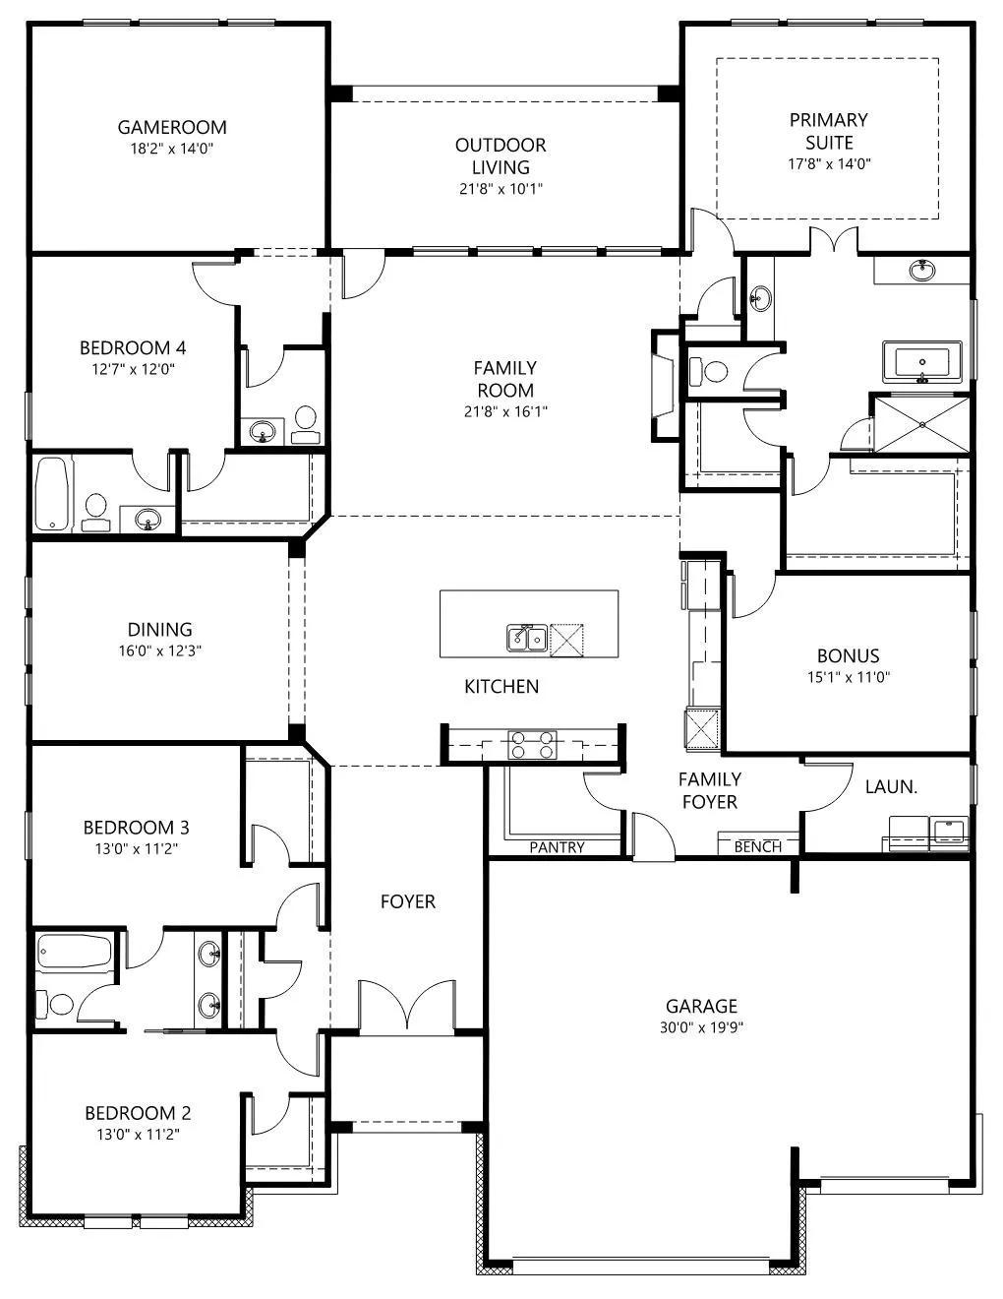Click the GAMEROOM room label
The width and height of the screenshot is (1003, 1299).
click(172, 127)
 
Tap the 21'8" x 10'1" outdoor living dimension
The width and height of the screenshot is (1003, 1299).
click(501, 190)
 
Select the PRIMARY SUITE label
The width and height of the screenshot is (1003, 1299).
click(829, 132)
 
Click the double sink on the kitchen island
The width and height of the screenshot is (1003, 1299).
click(526, 639)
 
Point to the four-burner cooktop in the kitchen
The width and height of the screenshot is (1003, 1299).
click(532, 745)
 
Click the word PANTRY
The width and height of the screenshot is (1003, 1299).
click(557, 847)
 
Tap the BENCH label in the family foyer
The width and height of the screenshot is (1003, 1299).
click(758, 846)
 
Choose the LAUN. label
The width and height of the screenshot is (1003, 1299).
click(891, 787)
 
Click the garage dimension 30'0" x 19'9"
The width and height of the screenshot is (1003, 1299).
click(701, 1027)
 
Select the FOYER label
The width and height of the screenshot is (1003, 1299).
click(408, 901)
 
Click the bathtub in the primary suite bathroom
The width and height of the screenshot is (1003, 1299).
click(922, 362)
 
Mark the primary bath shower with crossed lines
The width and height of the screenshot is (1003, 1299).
click(921, 424)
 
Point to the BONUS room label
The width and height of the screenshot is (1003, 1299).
click(849, 655)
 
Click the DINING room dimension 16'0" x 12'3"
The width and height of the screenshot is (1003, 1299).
click(160, 650)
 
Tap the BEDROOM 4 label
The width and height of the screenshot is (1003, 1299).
click(133, 348)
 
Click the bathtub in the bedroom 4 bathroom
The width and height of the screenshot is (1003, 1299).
click(52, 494)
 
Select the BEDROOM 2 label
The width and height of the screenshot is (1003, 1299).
click(138, 1113)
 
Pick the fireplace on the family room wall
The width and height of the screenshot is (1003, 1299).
click(666, 387)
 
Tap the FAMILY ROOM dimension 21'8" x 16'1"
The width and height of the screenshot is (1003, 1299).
click(506, 412)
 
